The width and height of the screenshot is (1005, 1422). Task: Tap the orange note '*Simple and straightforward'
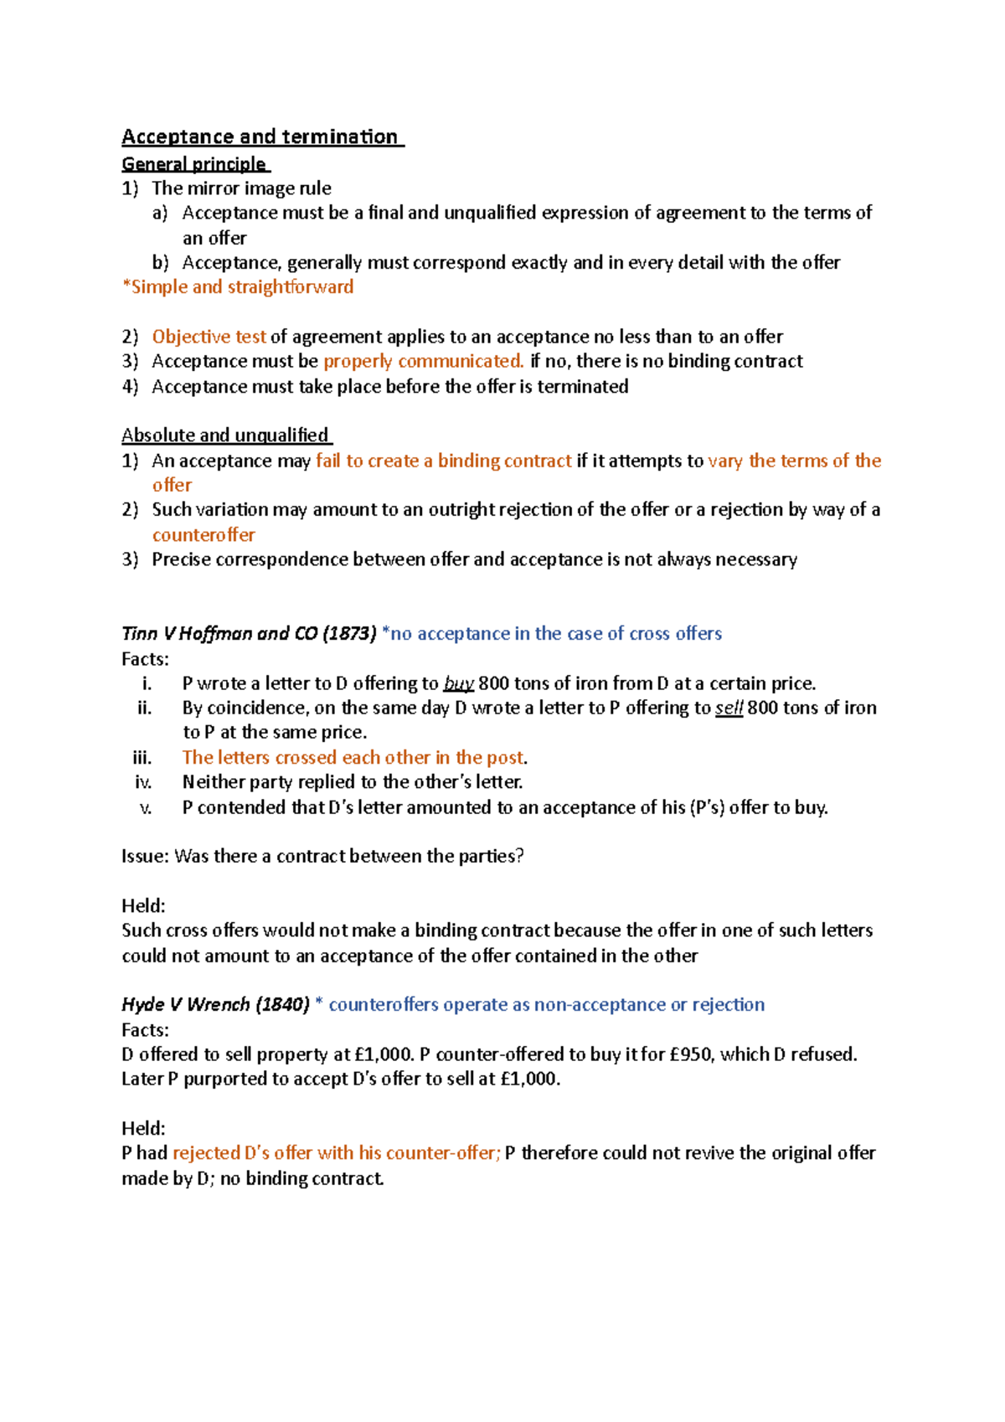238,287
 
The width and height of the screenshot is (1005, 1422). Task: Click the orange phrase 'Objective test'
209,337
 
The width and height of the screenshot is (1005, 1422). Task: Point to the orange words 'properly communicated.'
424,361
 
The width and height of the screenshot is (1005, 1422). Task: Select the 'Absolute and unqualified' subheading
225,435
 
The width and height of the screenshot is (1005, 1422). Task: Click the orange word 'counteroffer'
204,534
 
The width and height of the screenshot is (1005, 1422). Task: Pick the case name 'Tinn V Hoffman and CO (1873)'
249,634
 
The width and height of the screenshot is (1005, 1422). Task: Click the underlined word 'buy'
458,683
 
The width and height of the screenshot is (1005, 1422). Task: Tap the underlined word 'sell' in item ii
729,708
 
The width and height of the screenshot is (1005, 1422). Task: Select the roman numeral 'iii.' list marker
142,758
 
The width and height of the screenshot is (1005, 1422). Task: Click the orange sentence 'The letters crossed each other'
354,758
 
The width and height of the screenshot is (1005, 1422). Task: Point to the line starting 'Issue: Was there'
322,856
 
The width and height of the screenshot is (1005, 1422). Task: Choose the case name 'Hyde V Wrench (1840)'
215,1004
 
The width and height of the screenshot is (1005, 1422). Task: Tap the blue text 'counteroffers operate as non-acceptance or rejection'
546,1004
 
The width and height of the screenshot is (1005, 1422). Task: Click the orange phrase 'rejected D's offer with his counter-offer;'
337,1153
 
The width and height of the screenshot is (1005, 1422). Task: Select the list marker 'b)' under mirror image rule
160,263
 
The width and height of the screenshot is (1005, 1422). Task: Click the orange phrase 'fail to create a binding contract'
444,461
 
